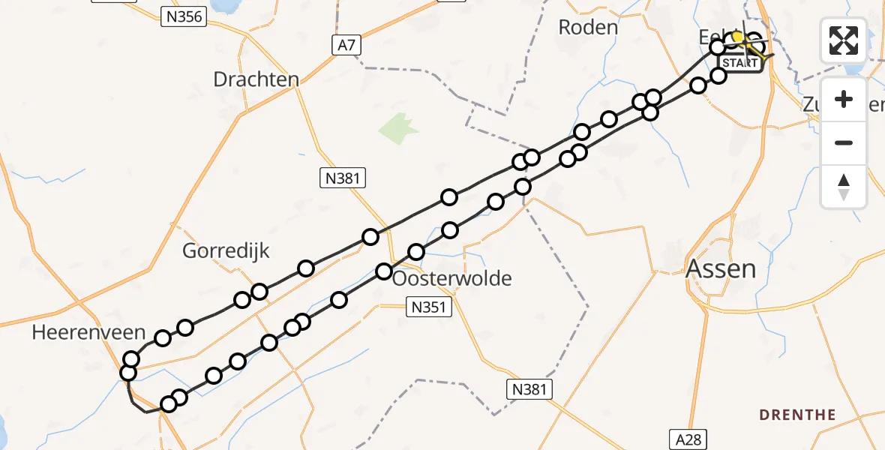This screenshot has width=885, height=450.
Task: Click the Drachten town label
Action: click(x=256, y=79)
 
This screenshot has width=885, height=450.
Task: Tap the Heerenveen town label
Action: click(x=77, y=333)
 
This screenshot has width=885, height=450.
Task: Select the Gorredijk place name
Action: click(x=226, y=250)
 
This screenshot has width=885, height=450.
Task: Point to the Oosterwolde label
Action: click(x=452, y=279)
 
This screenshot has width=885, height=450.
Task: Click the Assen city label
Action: click(x=721, y=268)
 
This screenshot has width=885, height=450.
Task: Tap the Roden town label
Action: click(x=588, y=28)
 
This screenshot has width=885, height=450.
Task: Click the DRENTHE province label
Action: click(x=797, y=415)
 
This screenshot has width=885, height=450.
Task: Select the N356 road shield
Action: click(x=183, y=16)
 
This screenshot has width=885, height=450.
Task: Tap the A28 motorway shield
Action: click(x=685, y=439)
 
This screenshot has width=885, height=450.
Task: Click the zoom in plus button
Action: click(x=844, y=99)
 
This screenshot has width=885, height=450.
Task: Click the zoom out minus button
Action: click(x=844, y=142)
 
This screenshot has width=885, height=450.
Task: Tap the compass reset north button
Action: click(x=844, y=185)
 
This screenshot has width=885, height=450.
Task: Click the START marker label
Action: click(x=742, y=64)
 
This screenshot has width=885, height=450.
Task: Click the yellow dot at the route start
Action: click(x=737, y=37)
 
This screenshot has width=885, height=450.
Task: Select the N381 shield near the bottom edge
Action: click(x=529, y=389)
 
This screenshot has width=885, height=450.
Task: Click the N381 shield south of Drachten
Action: click(x=343, y=178)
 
